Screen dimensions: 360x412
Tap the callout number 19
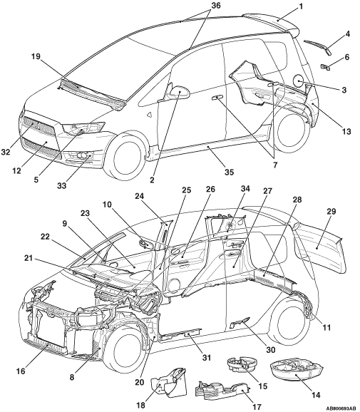coord(36,56)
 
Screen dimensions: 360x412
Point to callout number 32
coord(5,152)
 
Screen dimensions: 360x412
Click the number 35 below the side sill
coord(229,172)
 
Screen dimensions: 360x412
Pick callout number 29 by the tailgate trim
coord(331,211)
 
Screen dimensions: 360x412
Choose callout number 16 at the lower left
coord(21,371)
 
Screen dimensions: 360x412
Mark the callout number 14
coord(316,395)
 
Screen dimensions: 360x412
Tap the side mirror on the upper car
coord(180,92)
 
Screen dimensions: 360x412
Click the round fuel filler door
coord(299,81)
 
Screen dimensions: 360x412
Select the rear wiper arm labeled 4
coord(318,47)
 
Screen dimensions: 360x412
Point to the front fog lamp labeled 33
coord(81,156)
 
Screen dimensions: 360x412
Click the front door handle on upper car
coord(217,98)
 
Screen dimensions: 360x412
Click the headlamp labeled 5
coord(83,128)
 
